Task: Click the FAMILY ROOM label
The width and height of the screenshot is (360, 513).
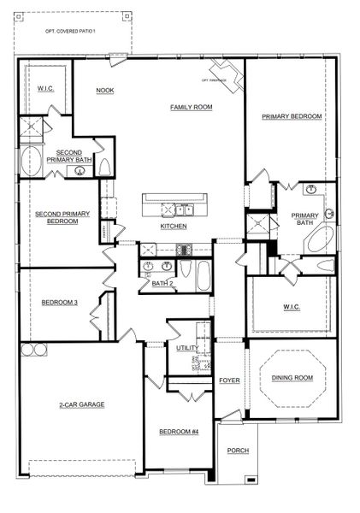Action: click(x=191, y=107)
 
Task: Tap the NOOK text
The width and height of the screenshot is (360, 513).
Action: click(x=105, y=90)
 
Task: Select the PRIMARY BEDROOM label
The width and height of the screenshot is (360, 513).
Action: click(x=292, y=116)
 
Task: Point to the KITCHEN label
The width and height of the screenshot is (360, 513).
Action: click(x=174, y=227)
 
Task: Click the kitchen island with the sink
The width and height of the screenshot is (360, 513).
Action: click(x=173, y=206)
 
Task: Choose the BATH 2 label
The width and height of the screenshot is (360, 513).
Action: click(x=162, y=283)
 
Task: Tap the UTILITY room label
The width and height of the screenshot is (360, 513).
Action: click(x=187, y=348)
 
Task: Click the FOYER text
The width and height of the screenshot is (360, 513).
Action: click(x=229, y=378)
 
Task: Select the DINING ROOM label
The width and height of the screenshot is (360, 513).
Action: click(x=292, y=378)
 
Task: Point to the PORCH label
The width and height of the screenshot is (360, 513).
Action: click(x=238, y=451)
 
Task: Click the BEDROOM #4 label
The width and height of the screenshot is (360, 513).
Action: click(x=179, y=432)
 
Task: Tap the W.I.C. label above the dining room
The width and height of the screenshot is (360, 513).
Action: click(x=289, y=306)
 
